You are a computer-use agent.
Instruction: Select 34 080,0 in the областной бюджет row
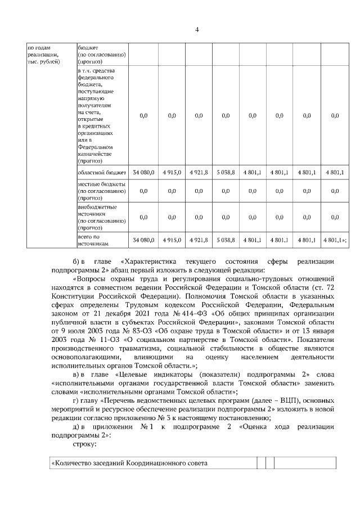(x=143, y=173)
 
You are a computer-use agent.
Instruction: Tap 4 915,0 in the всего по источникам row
(x=172, y=240)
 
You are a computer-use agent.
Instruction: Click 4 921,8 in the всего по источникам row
(x=198, y=240)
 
